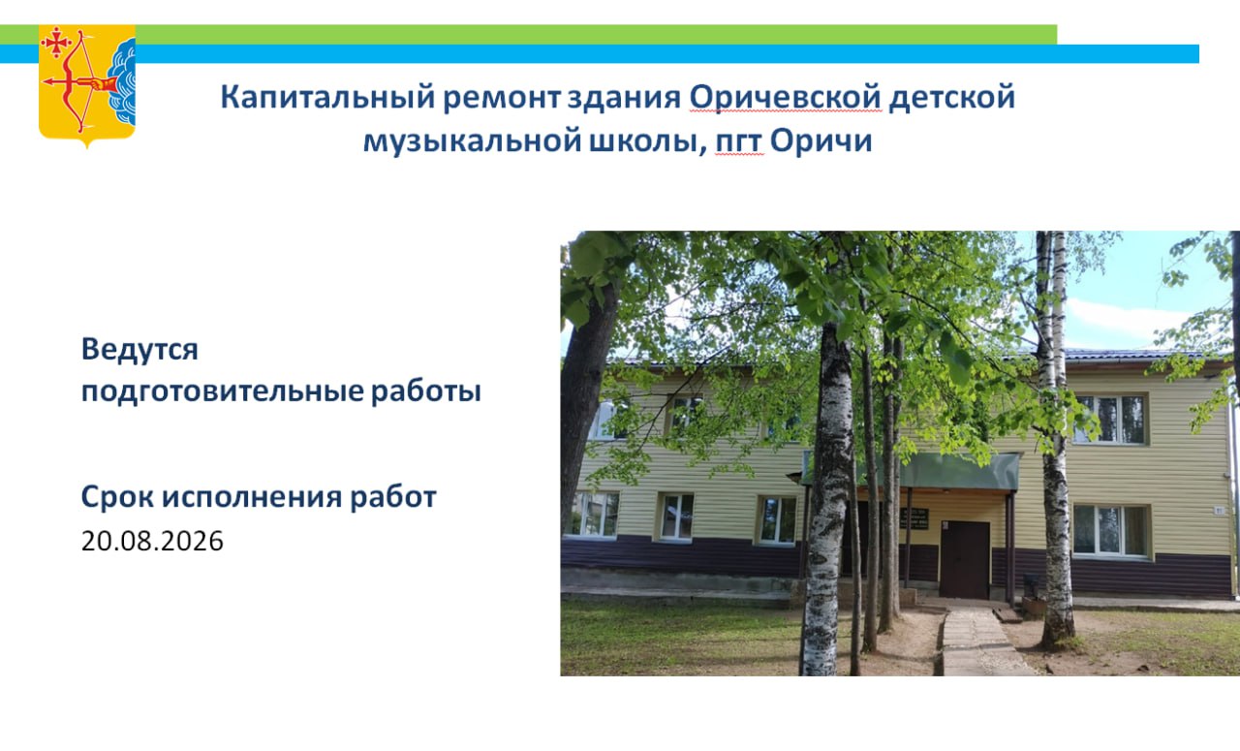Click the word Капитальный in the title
click(327, 98)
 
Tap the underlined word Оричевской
click(785, 96)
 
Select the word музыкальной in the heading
click(472, 141)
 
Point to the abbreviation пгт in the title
click(739, 141)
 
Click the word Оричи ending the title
click(821, 141)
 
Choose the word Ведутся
click(139, 350)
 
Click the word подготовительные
click(223, 391)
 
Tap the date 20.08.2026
click(152, 541)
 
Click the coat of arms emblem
click(87, 86)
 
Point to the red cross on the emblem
click(56, 43)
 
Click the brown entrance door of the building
click(964, 559)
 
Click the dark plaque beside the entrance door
click(914, 517)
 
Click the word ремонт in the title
click(502, 98)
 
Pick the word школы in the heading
click(648, 141)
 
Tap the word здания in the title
click(625, 98)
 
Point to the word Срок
click(117, 496)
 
